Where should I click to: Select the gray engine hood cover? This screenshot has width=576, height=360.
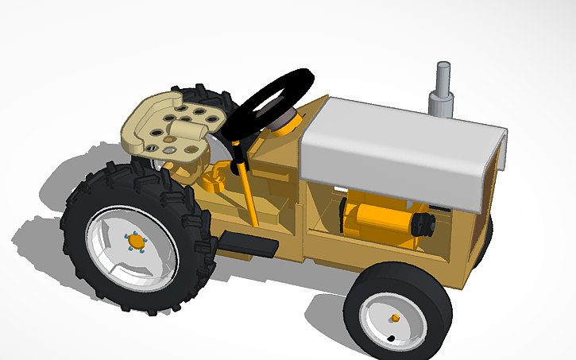[397, 143]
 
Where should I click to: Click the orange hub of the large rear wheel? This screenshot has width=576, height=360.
[136, 241]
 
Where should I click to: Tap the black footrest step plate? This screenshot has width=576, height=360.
[248, 243]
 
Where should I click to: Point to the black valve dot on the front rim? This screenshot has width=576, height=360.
[390, 339]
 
